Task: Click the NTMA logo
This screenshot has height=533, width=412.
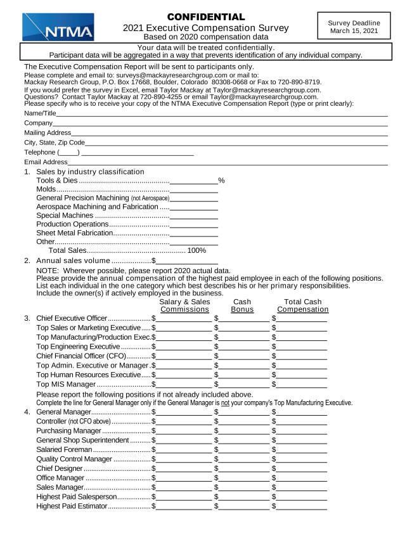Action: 58,27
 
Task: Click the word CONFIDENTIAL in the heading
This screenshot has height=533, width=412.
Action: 206,17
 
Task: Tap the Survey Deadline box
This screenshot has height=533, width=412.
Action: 354,26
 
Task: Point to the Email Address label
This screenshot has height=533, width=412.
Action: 46,162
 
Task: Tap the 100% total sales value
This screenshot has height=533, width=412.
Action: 196,250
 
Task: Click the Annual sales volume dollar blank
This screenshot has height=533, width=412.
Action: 187,260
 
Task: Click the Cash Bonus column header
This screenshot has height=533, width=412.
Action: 241,306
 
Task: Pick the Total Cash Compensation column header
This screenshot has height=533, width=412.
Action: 303,306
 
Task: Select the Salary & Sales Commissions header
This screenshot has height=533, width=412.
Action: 184,306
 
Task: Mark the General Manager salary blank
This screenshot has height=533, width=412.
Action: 184,412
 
